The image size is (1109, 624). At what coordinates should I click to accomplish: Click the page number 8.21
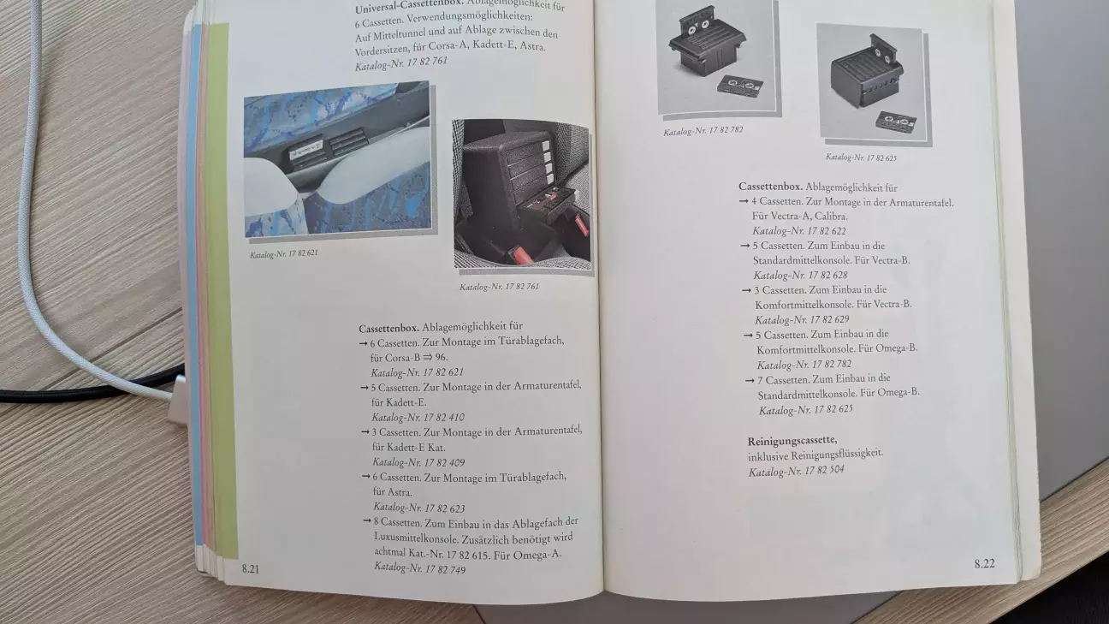click(x=251, y=569)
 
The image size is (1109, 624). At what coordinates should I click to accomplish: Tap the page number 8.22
click(x=984, y=563)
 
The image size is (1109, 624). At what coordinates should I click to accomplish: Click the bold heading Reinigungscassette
click(x=792, y=440)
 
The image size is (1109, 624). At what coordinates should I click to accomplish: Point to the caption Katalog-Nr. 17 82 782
click(x=703, y=131)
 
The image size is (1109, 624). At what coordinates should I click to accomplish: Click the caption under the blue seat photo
click(x=284, y=254)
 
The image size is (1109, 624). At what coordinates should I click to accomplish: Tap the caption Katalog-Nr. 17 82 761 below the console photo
click(x=499, y=287)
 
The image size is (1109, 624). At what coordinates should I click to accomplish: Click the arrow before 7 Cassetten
click(x=750, y=381)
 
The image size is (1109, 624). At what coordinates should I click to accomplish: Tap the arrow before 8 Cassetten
click(x=367, y=521)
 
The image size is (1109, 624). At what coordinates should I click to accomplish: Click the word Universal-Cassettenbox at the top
click(x=409, y=7)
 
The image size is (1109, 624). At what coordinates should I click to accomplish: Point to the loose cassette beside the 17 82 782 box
click(x=739, y=85)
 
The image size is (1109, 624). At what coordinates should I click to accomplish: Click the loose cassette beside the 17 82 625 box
click(x=896, y=122)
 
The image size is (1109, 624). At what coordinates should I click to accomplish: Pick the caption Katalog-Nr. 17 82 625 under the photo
click(x=861, y=157)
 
